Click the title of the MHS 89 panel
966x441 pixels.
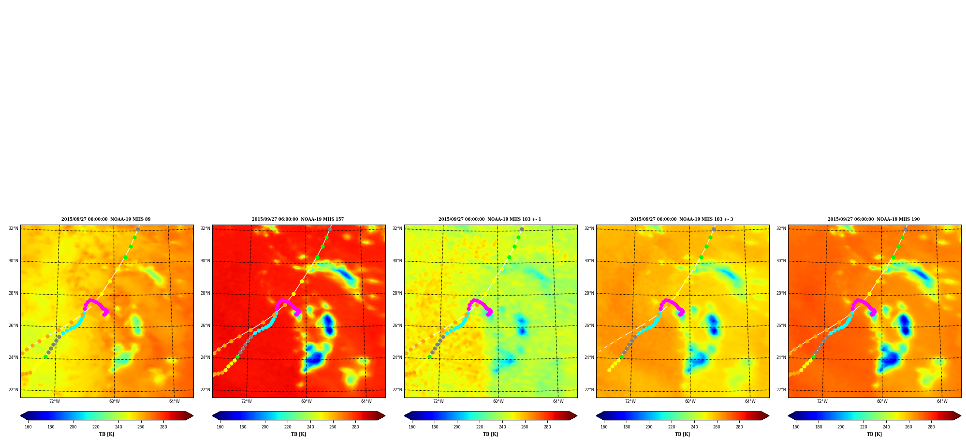coord(106,219)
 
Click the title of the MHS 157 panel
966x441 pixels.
coord(298,219)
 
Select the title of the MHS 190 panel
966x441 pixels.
coord(874,219)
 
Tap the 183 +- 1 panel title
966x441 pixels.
coord(490,219)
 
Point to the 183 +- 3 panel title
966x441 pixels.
coord(682,219)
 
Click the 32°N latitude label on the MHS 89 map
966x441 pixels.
coord(13,228)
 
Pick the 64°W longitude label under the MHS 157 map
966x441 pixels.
coord(366,401)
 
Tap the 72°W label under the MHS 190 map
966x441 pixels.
coord(822,401)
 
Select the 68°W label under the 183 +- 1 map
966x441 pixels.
coord(498,401)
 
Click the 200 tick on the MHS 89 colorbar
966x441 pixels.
coord(73,427)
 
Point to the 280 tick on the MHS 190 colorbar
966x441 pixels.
coord(931,427)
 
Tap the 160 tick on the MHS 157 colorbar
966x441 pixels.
coord(220,427)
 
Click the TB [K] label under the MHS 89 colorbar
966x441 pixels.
coord(107,434)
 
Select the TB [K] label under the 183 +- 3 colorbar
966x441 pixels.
coord(683,434)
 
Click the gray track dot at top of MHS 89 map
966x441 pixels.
coord(138,229)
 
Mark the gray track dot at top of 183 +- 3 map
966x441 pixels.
coord(714,229)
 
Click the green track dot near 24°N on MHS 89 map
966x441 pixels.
coord(45,357)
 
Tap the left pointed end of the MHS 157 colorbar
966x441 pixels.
coord(213,416)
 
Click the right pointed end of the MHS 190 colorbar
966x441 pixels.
coord(960,416)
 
